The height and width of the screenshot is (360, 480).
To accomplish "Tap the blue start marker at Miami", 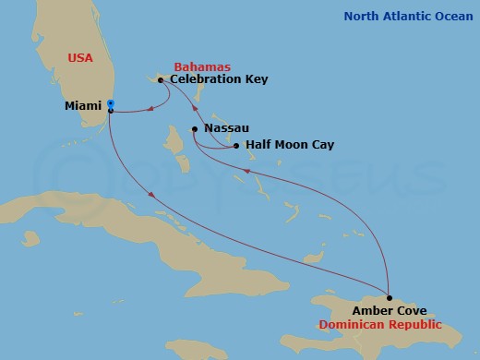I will (110, 102).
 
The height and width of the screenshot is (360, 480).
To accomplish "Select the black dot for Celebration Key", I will (161, 80).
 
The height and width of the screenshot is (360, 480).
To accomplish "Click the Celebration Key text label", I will (220, 80).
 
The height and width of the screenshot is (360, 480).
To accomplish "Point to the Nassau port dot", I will (194, 129).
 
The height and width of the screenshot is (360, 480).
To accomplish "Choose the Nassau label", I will (227, 129).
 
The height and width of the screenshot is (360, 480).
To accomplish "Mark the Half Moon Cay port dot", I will (236, 146).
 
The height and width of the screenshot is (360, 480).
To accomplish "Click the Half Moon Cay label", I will (290, 146).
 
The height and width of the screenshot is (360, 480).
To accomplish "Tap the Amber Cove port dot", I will (390, 298).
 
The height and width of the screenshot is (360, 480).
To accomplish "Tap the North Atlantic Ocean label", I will (408, 16).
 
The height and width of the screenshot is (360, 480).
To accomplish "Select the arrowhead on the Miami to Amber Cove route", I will (150, 193).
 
